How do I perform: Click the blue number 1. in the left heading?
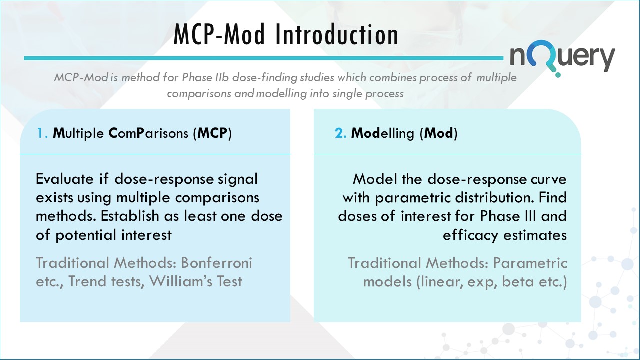pyautogui.click(x=42, y=134)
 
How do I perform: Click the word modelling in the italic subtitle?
pyautogui.click(x=281, y=94)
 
